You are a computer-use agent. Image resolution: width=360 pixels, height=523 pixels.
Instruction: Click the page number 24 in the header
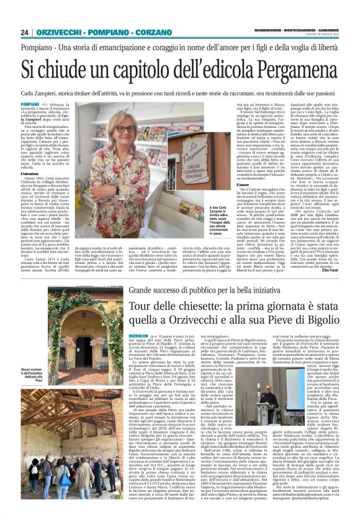(25, 32)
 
